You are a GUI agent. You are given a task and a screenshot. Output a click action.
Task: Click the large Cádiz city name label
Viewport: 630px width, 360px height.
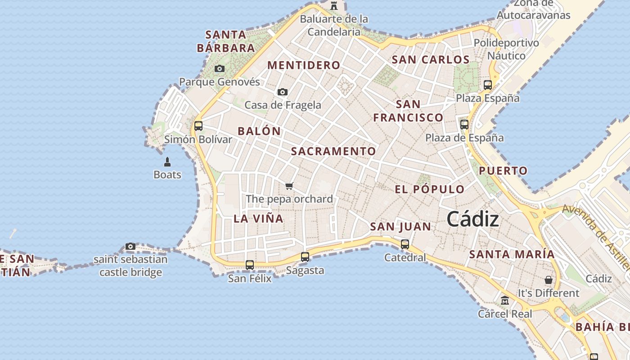pyautogui.click(x=472, y=220)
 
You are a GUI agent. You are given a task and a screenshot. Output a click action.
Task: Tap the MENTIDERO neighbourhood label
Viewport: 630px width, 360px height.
pyautogui.click(x=304, y=65)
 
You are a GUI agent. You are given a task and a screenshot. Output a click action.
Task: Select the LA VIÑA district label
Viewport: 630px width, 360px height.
pyautogui.click(x=258, y=219)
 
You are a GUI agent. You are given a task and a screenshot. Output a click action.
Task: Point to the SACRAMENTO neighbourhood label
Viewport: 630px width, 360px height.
pyautogui.click(x=333, y=151)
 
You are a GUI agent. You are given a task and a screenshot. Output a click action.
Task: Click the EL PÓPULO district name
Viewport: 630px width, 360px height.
pyautogui.click(x=429, y=189)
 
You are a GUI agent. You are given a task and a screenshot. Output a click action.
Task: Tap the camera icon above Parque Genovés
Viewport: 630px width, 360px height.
pyautogui.click(x=220, y=69)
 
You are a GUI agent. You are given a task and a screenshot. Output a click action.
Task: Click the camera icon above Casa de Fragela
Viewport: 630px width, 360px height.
pyautogui.click(x=283, y=92)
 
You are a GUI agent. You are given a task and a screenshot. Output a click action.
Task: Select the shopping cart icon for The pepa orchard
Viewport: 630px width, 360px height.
pyautogui.click(x=289, y=186)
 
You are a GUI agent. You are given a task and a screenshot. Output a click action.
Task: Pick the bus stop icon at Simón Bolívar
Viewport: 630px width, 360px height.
pyautogui.click(x=198, y=126)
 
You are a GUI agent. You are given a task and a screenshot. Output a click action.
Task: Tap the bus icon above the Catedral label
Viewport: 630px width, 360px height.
pyautogui.click(x=405, y=244)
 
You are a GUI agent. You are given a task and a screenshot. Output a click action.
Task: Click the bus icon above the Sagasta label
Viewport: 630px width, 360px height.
pyautogui.click(x=305, y=257)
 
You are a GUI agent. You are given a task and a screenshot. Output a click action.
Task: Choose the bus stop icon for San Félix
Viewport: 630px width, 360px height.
pyautogui.click(x=250, y=265)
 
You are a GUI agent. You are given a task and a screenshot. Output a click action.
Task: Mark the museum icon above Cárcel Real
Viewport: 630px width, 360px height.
pyautogui.click(x=505, y=300)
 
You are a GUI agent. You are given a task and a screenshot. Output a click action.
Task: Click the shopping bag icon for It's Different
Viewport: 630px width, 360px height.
pyautogui.click(x=548, y=280)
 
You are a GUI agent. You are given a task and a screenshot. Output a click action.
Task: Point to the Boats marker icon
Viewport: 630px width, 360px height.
pyautogui.click(x=167, y=162)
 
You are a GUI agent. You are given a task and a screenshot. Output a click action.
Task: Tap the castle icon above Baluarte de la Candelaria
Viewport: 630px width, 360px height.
pyautogui.click(x=334, y=6)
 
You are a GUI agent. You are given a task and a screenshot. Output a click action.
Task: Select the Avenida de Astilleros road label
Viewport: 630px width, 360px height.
pyautogui.click(x=596, y=236)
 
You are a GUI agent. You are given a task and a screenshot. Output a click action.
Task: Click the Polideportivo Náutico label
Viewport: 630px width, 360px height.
pyautogui.click(x=506, y=49)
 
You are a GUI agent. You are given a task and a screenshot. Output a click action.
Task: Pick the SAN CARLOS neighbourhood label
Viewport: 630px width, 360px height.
pyautogui.click(x=431, y=59)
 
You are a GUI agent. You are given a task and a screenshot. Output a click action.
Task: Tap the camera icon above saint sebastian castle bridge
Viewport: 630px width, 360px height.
pyautogui.click(x=130, y=246)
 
